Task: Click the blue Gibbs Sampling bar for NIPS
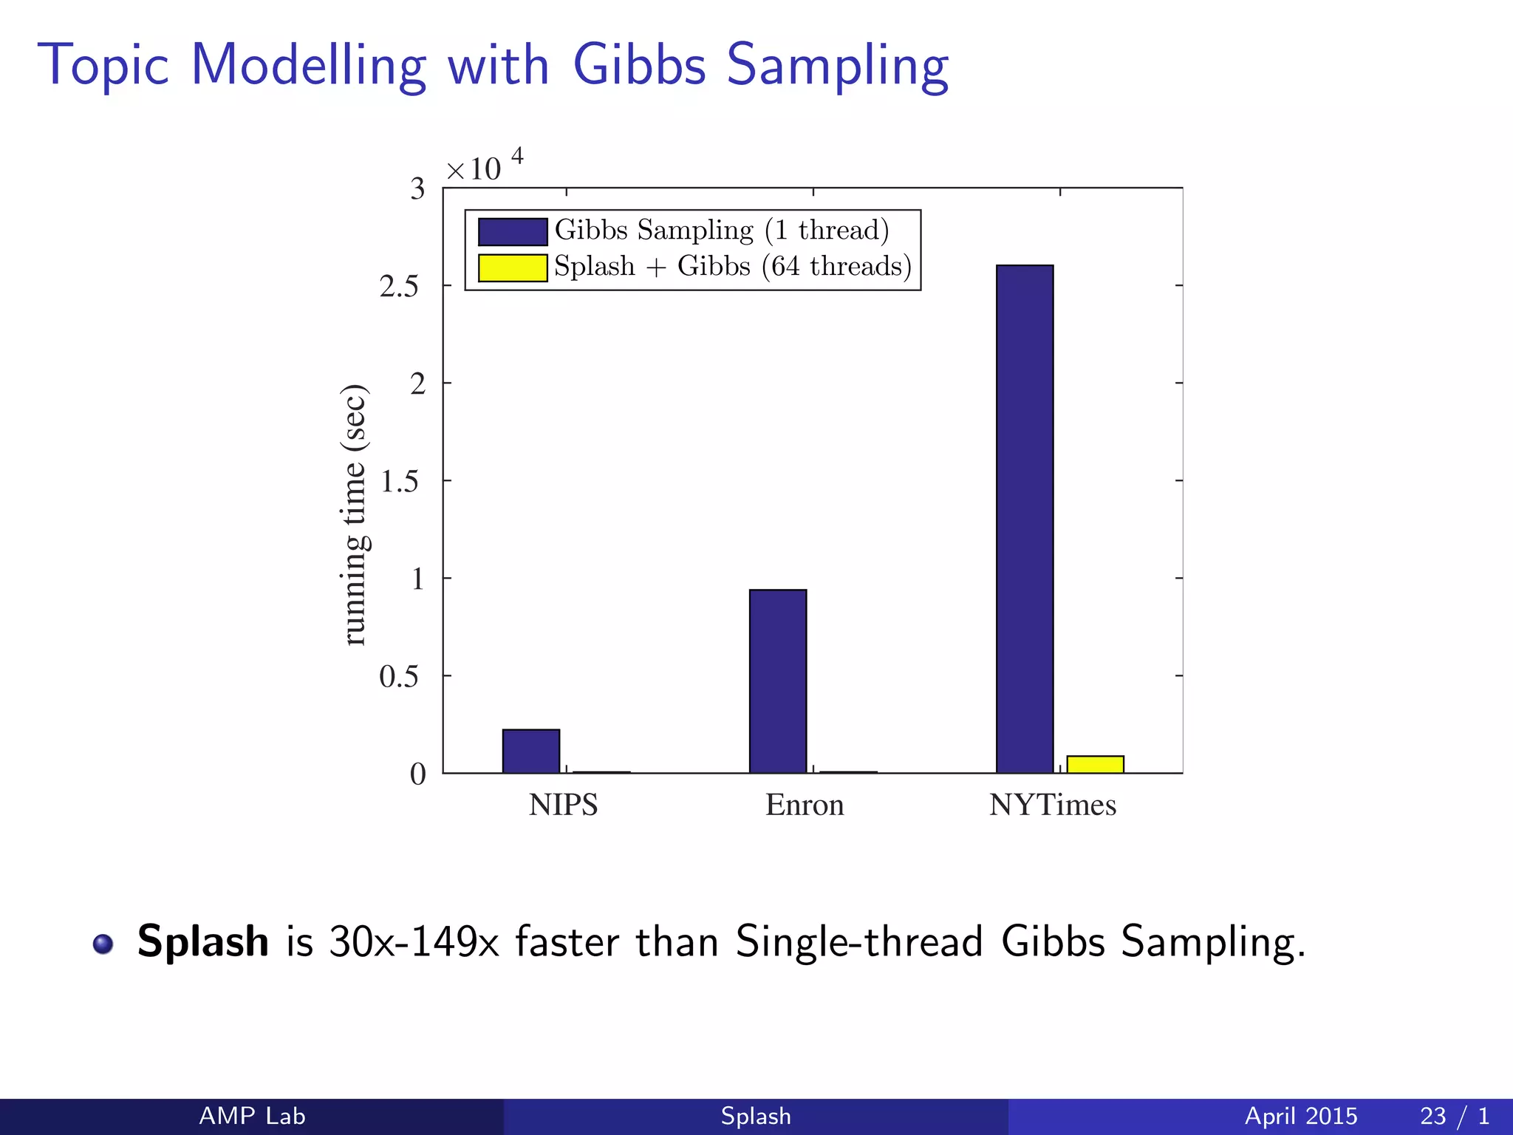[x=530, y=751]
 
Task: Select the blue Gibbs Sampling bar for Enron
[x=777, y=681]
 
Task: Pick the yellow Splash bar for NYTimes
[x=1095, y=764]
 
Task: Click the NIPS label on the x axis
[x=563, y=805]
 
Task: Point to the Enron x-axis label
[x=805, y=805]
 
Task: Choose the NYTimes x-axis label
[x=1053, y=805]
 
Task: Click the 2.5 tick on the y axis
[x=399, y=287]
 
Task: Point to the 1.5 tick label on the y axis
[x=399, y=482]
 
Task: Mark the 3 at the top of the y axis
[x=417, y=189]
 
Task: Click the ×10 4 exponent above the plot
[x=484, y=167]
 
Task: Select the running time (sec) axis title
[x=355, y=515]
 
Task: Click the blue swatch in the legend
[x=512, y=231]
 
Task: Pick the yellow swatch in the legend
[x=512, y=267]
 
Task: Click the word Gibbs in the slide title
[x=639, y=65]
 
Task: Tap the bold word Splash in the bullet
[x=203, y=941]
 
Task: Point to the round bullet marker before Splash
[x=103, y=944]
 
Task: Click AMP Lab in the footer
[x=252, y=1116]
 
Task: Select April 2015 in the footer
[x=1300, y=1116]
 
